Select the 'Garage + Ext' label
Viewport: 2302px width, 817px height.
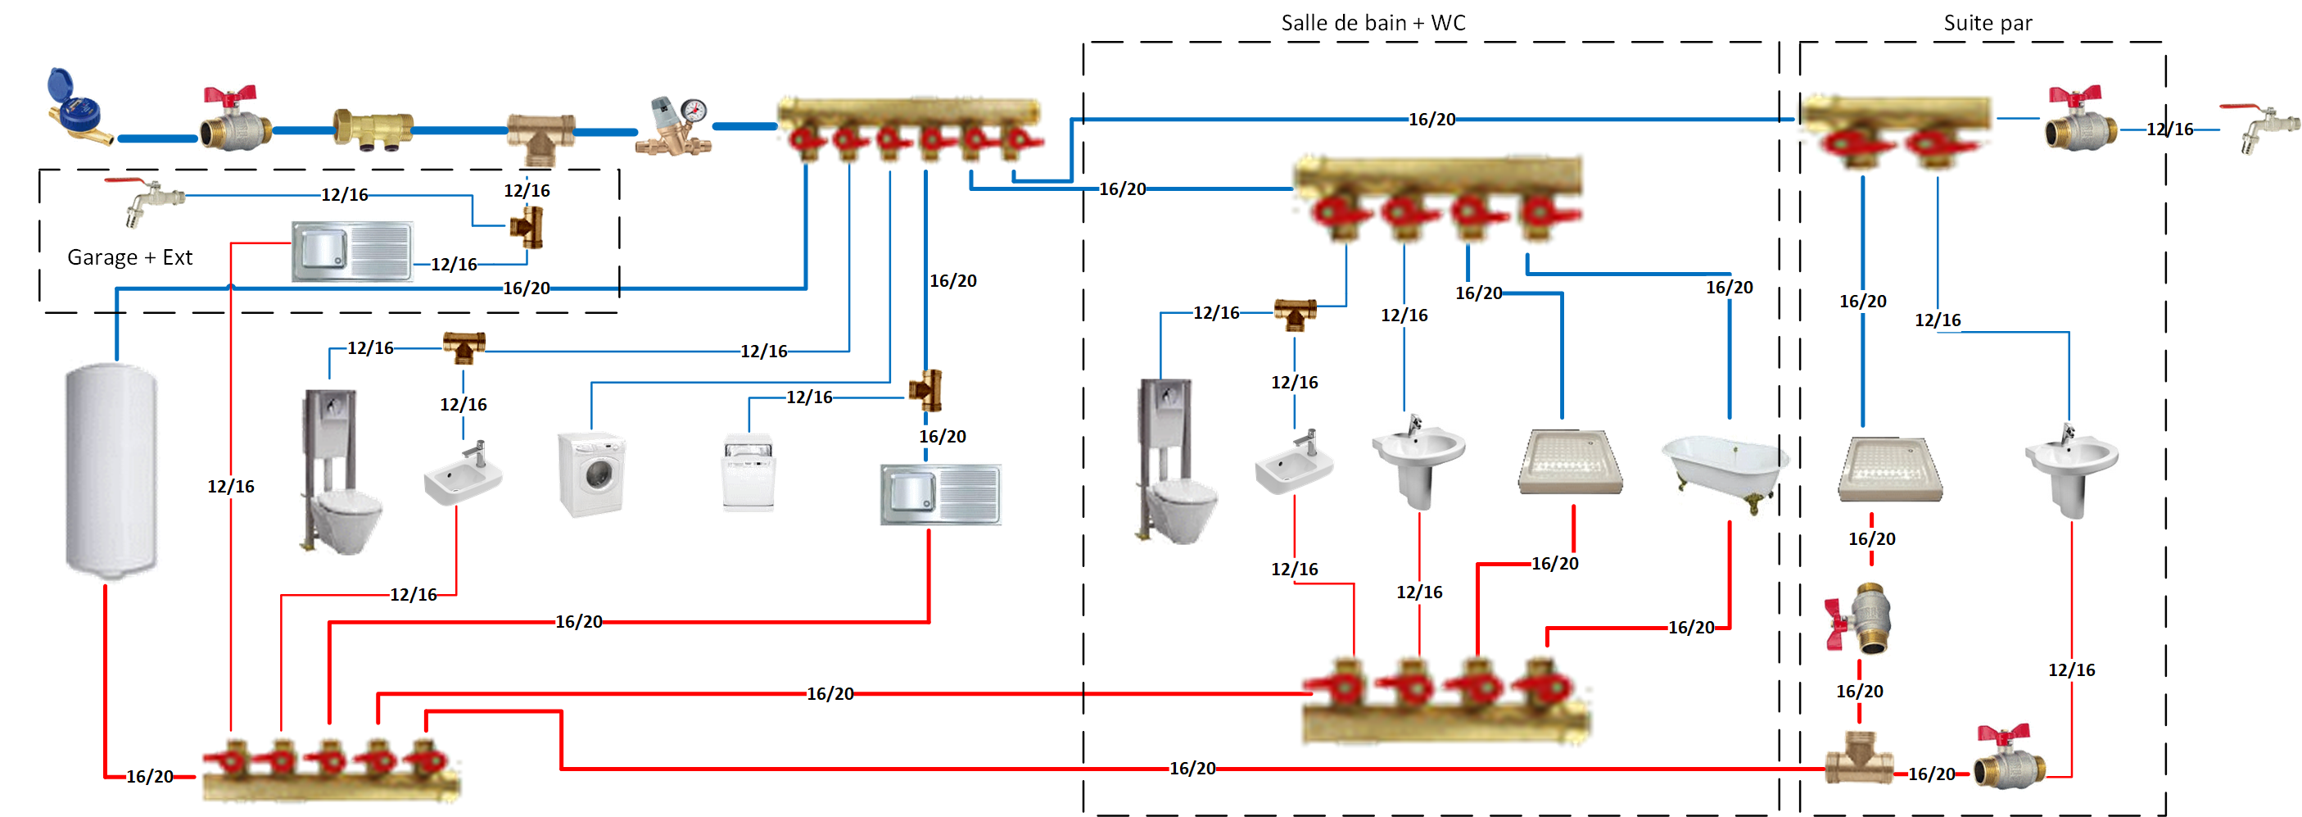click(129, 257)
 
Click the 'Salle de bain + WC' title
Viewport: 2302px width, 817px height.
click(1373, 23)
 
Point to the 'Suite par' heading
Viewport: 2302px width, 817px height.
click(1987, 23)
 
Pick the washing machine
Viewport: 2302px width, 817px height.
click(590, 474)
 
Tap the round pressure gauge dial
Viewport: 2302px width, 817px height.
click(694, 111)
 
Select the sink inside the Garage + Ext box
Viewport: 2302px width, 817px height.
click(352, 252)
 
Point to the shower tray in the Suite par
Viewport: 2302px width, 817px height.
click(1890, 470)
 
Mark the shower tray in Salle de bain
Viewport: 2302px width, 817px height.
click(1570, 461)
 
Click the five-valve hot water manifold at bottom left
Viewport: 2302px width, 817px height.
click(331, 769)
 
